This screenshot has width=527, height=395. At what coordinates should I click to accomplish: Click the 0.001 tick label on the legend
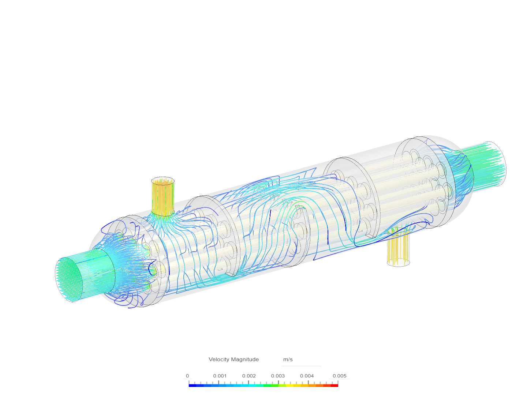tap(220, 376)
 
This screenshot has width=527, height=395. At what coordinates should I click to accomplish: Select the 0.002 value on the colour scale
tap(249, 376)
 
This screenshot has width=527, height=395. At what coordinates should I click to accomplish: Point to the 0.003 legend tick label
tap(278, 376)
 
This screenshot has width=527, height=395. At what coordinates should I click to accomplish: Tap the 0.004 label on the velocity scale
tap(307, 376)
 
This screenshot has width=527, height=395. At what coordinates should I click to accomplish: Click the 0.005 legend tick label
tap(339, 376)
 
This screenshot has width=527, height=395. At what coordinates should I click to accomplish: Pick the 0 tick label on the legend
tap(187, 376)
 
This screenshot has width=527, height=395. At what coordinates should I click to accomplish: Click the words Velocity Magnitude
tap(233, 360)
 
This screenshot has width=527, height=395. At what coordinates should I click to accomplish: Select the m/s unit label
tap(288, 360)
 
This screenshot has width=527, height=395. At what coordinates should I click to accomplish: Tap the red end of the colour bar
tap(335, 385)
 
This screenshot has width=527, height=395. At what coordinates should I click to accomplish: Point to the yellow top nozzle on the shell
tap(163, 197)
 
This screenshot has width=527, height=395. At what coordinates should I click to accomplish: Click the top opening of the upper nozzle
tap(163, 180)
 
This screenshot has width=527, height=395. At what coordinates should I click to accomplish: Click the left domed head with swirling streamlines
tap(121, 263)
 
